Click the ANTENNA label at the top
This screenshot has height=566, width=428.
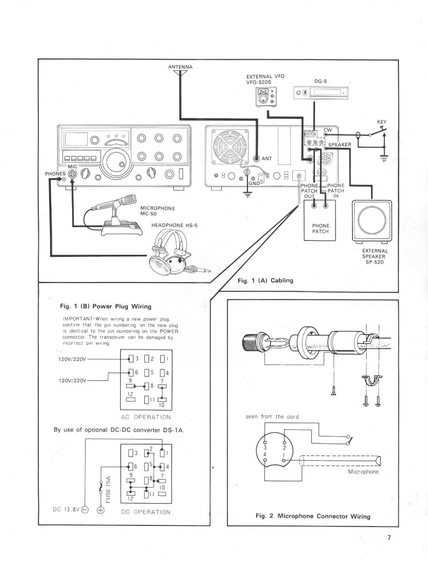pyautogui.click(x=180, y=67)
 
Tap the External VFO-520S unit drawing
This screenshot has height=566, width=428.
pyautogui.click(x=265, y=96)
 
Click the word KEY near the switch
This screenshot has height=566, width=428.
pyautogui.click(x=382, y=122)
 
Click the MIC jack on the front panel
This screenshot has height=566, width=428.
pyautogui.click(x=72, y=174)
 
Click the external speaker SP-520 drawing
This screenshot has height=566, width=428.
pyautogui.click(x=372, y=222)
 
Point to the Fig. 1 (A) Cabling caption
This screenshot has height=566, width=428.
pyautogui.click(x=265, y=281)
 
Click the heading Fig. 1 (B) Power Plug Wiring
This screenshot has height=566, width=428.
pyautogui.click(x=106, y=306)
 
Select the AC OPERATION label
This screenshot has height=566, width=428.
pyautogui.click(x=146, y=417)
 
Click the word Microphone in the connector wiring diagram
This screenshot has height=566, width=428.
pyautogui.click(x=363, y=472)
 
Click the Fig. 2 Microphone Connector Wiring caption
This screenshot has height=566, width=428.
pyautogui.click(x=313, y=516)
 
